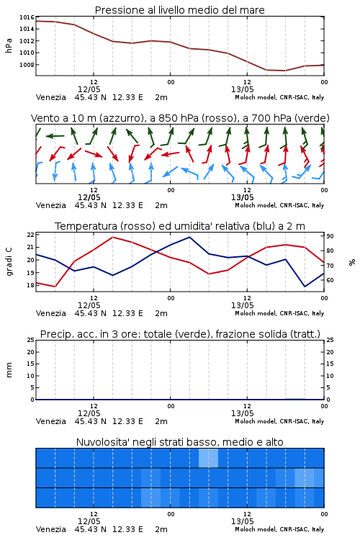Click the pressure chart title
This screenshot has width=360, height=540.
point(179,10)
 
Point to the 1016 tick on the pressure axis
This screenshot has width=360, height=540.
point(27,17)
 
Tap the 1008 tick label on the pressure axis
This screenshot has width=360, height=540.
point(27,64)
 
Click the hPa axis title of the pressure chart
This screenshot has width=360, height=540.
point(9,45)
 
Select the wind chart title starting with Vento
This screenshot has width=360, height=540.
point(180,118)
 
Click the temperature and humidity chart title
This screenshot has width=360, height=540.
point(180,226)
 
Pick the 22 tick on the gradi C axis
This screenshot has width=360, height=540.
point(31,235)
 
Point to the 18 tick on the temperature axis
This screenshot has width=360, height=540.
point(31,285)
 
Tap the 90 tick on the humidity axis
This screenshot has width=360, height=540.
point(330,236)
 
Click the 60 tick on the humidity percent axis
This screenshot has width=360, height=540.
point(330,280)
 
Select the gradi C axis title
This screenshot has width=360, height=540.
point(9,261)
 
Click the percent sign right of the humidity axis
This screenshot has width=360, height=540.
point(352,262)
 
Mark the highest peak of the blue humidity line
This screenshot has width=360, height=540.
point(189,237)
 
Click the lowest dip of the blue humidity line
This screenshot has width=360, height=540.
point(305,287)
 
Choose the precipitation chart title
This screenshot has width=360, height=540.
point(180,334)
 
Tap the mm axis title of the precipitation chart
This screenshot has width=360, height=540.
point(9,370)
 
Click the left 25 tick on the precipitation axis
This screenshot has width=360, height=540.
point(31,340)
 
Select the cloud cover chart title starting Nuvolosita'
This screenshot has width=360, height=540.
point(179,442)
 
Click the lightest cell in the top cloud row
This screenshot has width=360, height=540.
point(208,458)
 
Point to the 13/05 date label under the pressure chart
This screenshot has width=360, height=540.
point(242,89)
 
